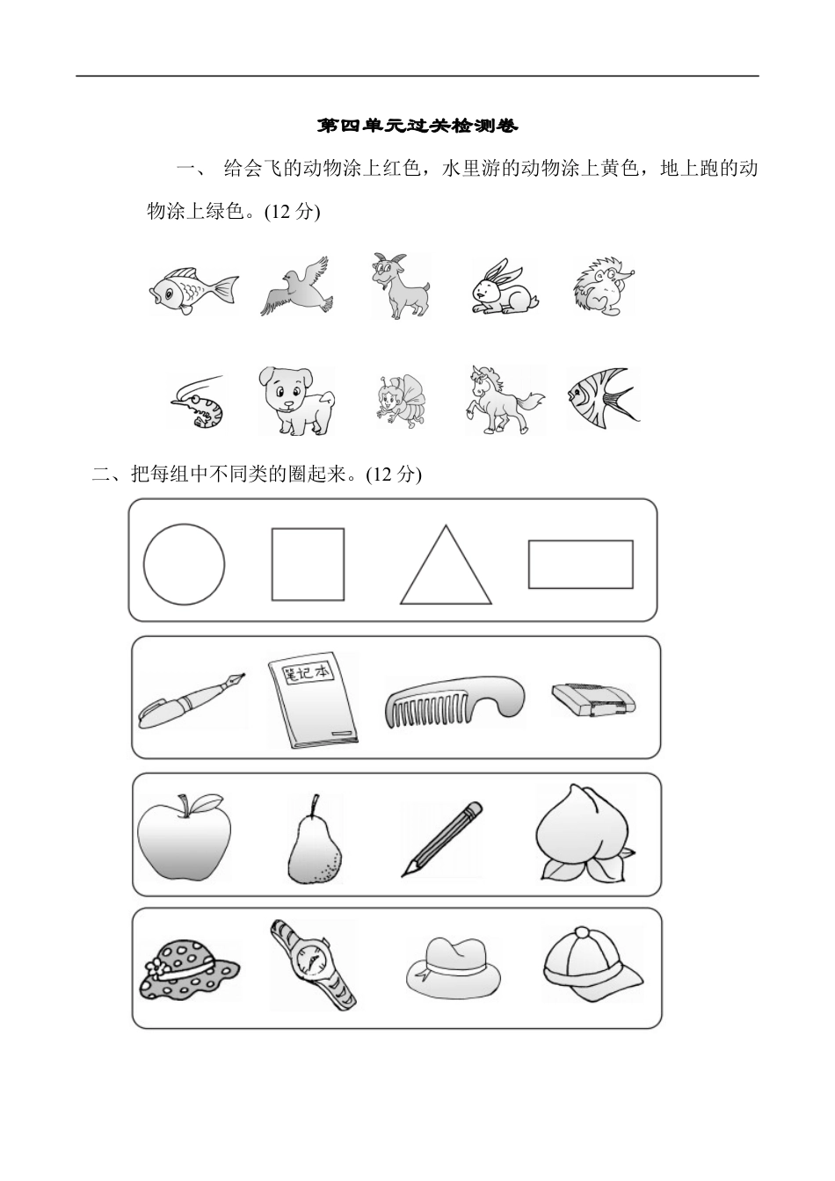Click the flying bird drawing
click(x=295, y=287)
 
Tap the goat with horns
click(x=400, y=286)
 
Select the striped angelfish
click(x=602, y=399)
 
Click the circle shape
click(x=184, y=564)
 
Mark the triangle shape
click(x=446, y=567)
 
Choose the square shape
click(x=308, y=564)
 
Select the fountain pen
click(x=192, y=700)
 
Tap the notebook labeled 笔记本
click(x=313, y=700)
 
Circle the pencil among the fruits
click(x=443, y=838)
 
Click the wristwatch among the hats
click(x=314, y=964)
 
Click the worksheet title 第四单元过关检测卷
click(x=417, y=127)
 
